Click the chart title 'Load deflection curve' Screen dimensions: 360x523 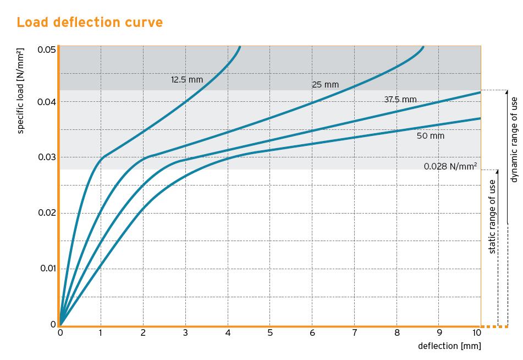click(90, 23)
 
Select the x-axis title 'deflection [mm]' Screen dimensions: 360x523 click(449, 346)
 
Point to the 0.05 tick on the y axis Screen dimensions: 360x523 click(46, 50)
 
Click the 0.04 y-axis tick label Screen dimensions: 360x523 click(46, 102)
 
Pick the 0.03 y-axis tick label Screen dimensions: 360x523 click(46, 157)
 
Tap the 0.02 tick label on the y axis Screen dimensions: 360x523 click(46, 213)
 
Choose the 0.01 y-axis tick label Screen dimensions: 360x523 click(46, 269)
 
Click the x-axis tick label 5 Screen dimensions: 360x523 click(270, 333)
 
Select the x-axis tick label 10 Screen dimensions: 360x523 click(477, 333)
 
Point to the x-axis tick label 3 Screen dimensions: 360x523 click(186, 333)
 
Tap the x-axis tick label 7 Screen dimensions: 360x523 click(354, 333)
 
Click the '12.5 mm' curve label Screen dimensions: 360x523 click(187, 80)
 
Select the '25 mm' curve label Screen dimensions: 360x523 click(325, 85)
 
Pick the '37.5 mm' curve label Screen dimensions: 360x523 click(400, 100)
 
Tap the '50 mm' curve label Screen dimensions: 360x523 click(431, 135)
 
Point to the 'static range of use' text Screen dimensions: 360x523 click(492, 216)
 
